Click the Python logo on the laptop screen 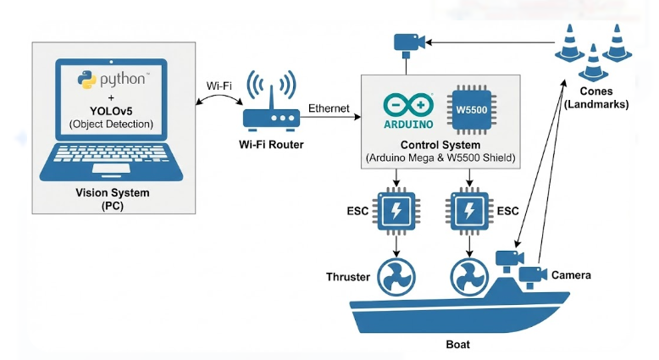coord(86,80)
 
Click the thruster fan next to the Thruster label coord(396,275)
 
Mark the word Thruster coord(349,277)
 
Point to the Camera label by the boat coord(571,275)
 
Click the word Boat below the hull coord(457,345)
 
